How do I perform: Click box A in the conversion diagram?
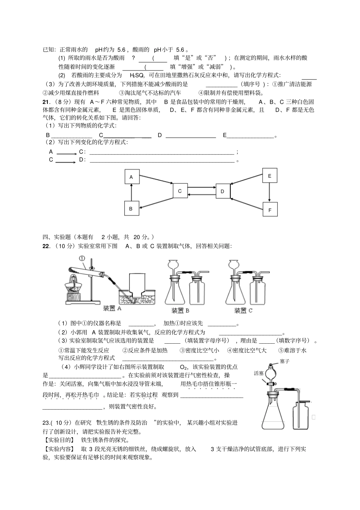pos(132,177)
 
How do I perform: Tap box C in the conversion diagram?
pos(180,191)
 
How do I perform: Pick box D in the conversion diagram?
pos(223,191)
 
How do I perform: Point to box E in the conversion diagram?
pos(269,176)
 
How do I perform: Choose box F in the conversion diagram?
pos(270,210)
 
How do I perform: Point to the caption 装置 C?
pos(243,311)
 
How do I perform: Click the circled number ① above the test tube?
pos(83,258)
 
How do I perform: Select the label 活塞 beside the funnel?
pos(259,373)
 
